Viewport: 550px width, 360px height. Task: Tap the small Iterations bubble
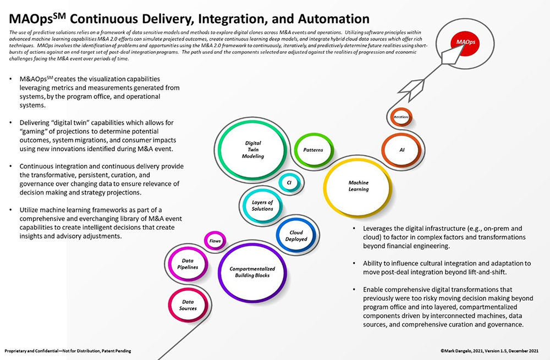pos(401,117)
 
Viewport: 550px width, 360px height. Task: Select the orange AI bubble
pos(402,149)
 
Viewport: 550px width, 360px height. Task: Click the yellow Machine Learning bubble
pos(358,186)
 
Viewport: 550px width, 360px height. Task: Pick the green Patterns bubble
pos(312,149)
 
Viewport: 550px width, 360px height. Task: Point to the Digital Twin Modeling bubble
pos(254,149)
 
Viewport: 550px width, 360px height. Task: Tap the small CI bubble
pos(289,182)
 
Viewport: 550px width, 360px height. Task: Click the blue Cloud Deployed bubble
pos(296,236)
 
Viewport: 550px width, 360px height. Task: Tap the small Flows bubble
pos(215,241)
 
